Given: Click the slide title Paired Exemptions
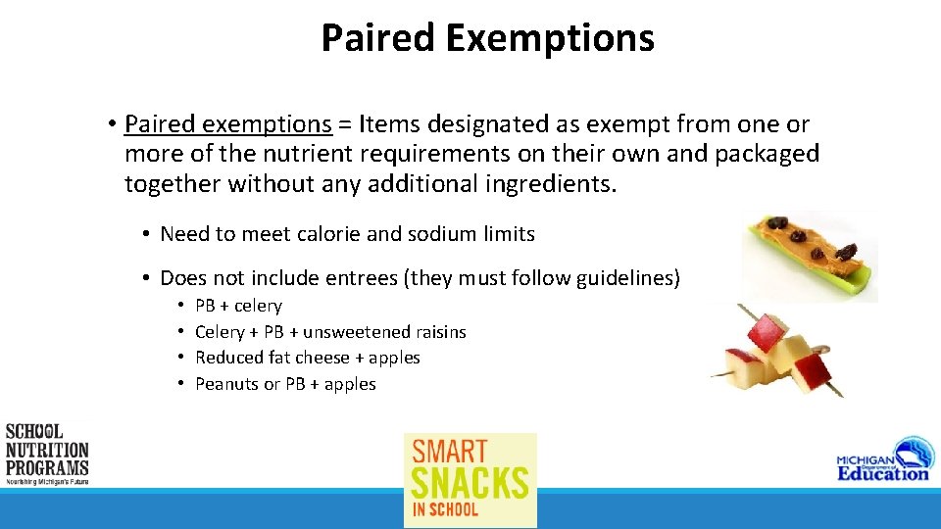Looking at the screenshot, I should [487, 38].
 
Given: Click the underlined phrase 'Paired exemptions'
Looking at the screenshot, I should [228, 124].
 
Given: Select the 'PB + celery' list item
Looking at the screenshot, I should [238, 306].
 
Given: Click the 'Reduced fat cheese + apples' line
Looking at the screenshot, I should [307, 358].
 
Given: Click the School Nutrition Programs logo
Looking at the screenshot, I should [47, 454].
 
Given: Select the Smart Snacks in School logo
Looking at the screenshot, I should [470, 479].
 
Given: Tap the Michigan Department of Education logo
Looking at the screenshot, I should [882, 459].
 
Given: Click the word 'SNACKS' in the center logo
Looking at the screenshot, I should [470, 482].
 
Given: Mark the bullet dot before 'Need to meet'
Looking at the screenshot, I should [143, 235].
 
